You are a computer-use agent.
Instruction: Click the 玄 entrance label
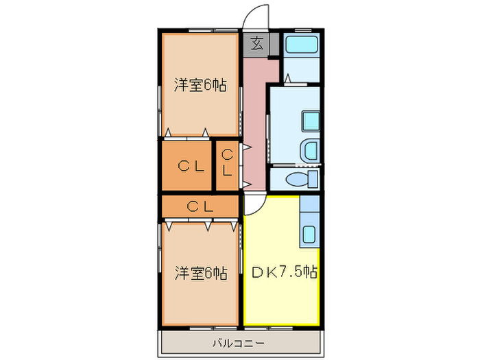(x=256, y=44)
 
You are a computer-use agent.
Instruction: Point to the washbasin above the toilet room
(x=309, y=149)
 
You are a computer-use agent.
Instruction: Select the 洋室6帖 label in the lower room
(x=200, y=273)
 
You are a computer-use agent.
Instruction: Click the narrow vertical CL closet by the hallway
(x=227, y=164)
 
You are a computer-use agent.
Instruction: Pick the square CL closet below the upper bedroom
(x=189, y=165)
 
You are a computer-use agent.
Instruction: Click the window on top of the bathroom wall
(x=300, y=30)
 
